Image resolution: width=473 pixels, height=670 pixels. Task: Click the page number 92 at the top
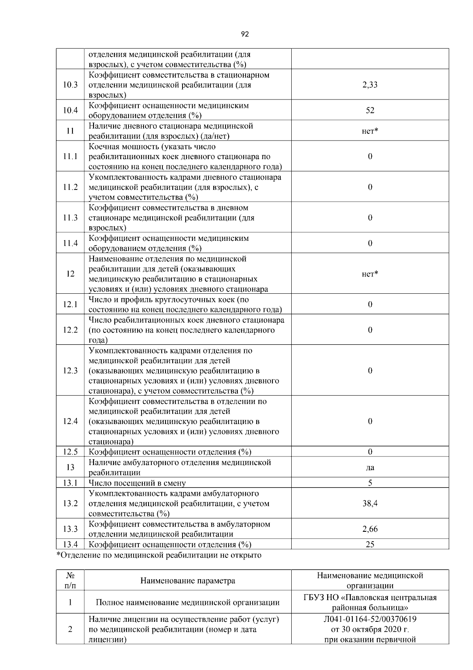pos(245,34)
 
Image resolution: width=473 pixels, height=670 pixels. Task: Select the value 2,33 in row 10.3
pos(370,85)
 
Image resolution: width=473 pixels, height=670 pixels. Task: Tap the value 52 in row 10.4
pos(370,111)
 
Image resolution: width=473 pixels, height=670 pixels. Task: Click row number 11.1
pos(70,156)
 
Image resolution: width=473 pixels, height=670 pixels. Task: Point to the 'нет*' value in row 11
pos(370,131)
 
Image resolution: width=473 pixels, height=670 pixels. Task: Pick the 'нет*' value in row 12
pos(370,274)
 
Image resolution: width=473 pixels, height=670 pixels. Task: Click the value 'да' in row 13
pos(370,468)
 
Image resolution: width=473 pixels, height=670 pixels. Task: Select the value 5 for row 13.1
pos(370,483)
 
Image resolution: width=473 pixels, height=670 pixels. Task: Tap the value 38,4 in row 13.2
pos(370,503)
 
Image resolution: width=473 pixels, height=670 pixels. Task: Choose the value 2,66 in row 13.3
pos(370,529)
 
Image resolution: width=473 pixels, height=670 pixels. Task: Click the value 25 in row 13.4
pos(370,544)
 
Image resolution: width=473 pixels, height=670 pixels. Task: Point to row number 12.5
pos(70,452)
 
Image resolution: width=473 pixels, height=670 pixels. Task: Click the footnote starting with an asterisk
pos(159,556)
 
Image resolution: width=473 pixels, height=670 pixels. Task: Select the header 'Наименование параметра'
pos(188,581)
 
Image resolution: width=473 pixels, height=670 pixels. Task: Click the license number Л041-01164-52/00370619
pos(370,619)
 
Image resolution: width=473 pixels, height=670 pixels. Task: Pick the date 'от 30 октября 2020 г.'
pos(370,629)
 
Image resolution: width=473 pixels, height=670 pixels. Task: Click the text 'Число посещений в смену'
pos(137,483)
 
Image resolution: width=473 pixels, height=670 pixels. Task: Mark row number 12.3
pos(70,371)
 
